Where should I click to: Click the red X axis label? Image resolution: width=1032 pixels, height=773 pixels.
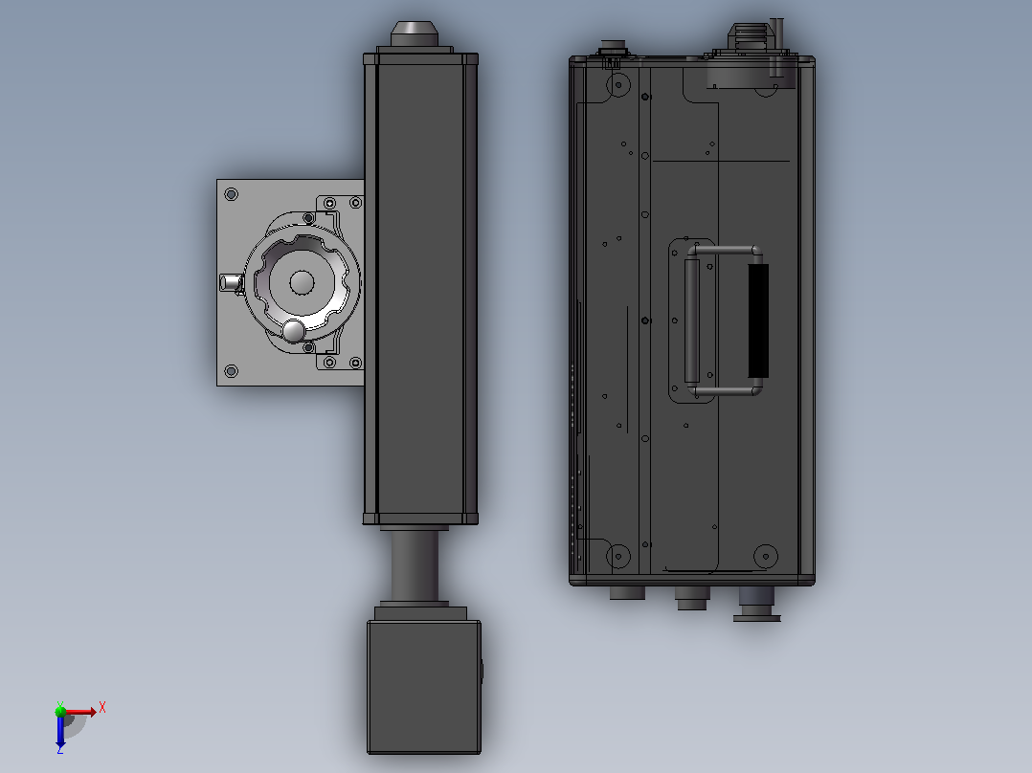(x=102, y=708)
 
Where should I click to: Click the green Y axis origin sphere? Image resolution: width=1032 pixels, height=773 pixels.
(x=60, y=711)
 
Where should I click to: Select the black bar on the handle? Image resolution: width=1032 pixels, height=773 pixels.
(x=758, y=320)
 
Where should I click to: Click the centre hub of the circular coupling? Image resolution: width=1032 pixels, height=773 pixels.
(x=303, y=282)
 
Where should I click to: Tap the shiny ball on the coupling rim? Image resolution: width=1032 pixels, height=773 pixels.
(x=293, y=331)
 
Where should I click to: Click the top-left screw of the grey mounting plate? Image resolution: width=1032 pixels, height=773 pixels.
(x=231, y=194)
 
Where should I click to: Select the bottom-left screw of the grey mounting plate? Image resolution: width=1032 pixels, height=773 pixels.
(x=231, y=371)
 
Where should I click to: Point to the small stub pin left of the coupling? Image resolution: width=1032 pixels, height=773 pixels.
(x=231, y=283)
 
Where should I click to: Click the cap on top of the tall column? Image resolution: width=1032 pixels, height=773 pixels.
(x=415, y=33)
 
